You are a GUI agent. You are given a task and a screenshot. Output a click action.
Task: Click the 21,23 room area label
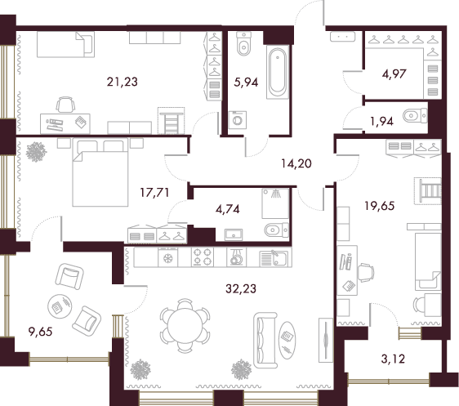tap(122, 82)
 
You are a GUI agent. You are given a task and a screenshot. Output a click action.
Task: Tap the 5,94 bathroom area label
tap(246, 83)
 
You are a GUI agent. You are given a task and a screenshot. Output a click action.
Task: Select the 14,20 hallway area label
tap(296, 163)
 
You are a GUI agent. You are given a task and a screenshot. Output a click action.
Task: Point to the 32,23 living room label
tap(241, 288)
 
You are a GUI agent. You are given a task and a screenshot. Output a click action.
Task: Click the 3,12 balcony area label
tap(393, 359)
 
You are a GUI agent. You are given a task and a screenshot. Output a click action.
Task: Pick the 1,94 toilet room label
tap(381, 121)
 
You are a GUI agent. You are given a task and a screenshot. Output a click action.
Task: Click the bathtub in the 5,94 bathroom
tap(278, 72)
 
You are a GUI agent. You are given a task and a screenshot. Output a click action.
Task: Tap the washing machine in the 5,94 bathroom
tap(238, 120)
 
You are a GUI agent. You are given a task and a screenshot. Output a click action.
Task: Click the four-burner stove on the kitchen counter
tap(203, 257)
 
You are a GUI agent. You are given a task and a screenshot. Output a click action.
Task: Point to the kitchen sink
tap(275, 257)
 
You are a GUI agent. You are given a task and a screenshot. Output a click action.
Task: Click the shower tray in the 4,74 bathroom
tap(275, 203)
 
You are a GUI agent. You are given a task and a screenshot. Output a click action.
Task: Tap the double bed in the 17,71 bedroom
tap(100, 172)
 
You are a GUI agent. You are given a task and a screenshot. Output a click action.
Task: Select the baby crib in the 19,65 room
tap(428, 191)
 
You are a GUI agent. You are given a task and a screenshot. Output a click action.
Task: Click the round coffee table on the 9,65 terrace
tap(60, 306)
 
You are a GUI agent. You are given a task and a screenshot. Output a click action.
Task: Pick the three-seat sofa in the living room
tap(265, 340)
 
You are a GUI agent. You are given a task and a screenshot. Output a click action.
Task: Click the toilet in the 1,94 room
tap(415, 116)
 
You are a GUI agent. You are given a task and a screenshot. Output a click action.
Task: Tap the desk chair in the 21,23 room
tap(65, 105)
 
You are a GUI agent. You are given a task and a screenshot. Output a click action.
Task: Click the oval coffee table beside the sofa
tap(287, 340)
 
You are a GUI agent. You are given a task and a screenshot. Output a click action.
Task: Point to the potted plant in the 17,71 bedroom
tap(36, 152)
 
